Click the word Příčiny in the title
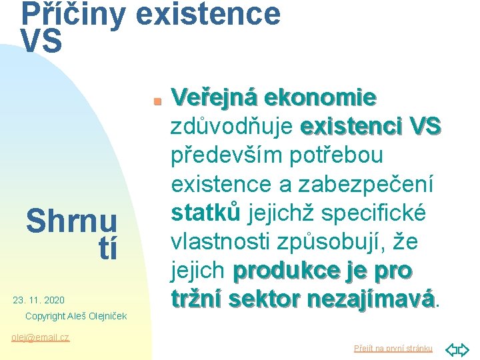[72, 15]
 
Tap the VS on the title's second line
[41, 42]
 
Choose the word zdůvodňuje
[233, 127]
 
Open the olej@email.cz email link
[41, 337]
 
